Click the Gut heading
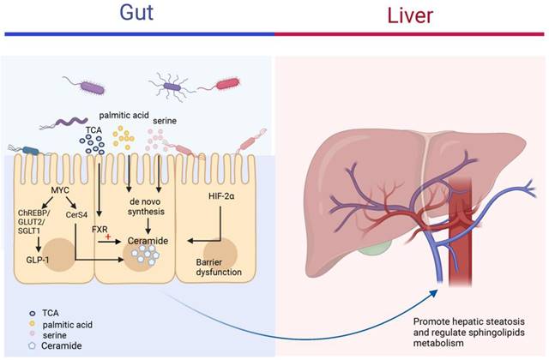point(136,13)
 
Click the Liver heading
point(410,15)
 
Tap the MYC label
point(60,190)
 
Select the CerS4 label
point(76,215)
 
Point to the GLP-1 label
point(38,260)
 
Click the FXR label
point(100,230)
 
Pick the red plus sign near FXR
point(108,237)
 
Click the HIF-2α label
point(221,196)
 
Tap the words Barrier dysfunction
point(219,267)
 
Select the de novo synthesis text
point(146,207)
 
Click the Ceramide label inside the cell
point(148,241)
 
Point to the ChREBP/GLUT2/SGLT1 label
point(34,222)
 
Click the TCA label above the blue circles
point(94,130)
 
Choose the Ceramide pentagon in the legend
point(33,345)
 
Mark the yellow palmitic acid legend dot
point(33,324)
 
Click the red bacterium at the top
point(227,84)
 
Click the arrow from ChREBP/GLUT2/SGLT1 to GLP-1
point(39,244)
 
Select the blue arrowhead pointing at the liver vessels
point(434,293)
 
